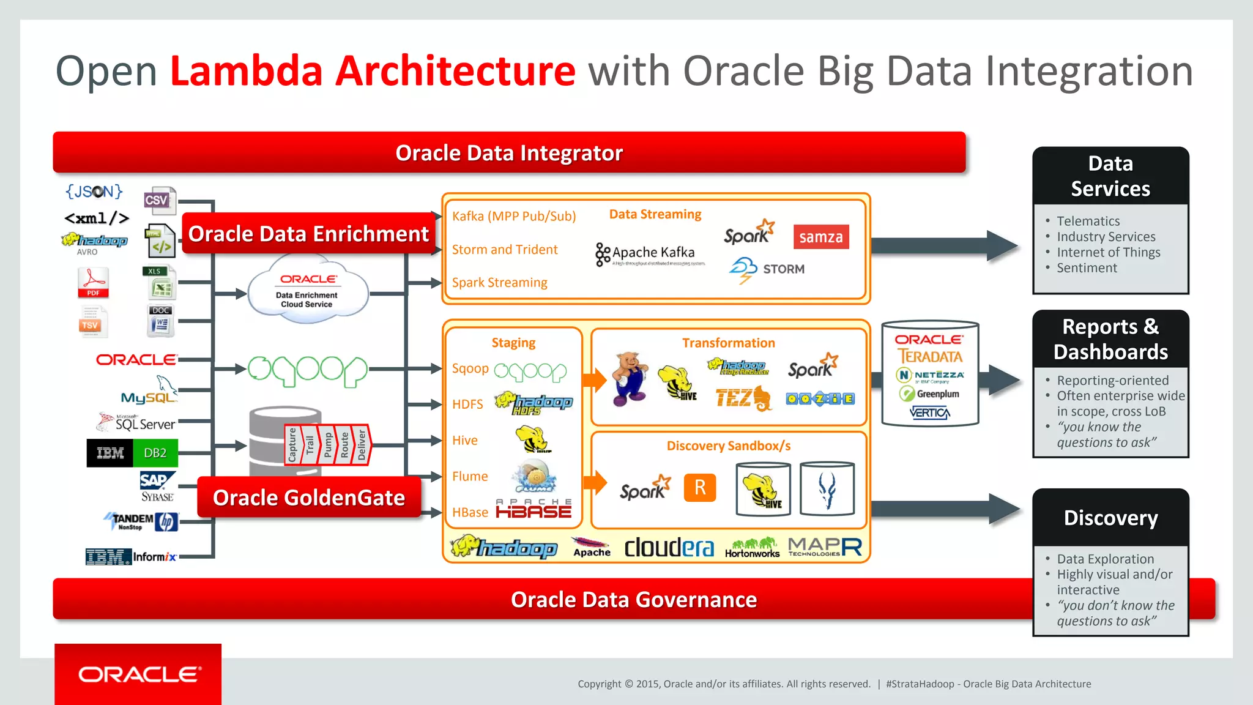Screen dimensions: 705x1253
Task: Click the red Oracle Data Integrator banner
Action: point(509,153)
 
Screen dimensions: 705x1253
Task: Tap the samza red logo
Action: point(820,237)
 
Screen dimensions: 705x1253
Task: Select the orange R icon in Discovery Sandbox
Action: point(700,488)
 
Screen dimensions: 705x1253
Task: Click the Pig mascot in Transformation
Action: point(630,379)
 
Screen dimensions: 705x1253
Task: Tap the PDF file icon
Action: point(93,283)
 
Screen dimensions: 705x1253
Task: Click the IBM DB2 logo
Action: point(132,453)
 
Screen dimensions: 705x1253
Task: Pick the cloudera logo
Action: point(669,547)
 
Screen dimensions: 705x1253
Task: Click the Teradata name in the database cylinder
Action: point(929,357)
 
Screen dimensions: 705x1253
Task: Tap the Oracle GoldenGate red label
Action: point(309,498)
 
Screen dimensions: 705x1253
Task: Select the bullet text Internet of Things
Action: point(1108,252)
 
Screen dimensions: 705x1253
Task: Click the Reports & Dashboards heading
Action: point(1110,339)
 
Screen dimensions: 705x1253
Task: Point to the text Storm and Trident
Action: point(505,250)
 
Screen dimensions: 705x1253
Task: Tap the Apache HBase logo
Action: point(534,509)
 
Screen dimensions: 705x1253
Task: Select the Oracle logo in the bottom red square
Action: point(138,674)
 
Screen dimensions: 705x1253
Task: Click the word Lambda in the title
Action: point(246,71)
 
